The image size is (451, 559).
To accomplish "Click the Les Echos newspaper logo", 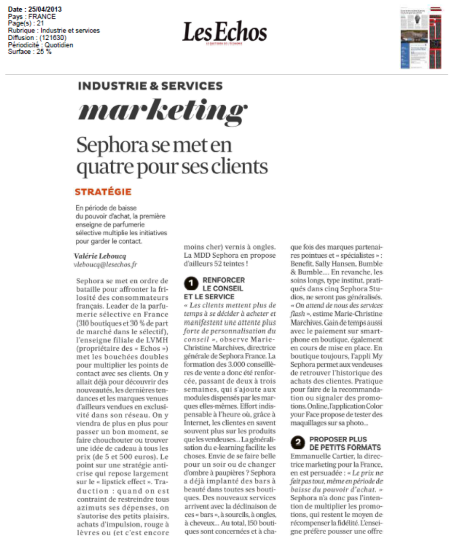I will click(x=224, y=33).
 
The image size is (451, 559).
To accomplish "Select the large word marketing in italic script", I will click(x=163, y=111).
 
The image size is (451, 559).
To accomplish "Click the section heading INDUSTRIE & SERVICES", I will click(x=150, y=86).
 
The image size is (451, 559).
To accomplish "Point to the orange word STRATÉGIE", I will click(x=103, y=192).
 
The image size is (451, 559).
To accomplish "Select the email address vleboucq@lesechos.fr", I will click(x=105, y=265).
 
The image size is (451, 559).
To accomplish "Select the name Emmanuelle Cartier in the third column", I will click(x=317, y=456).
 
